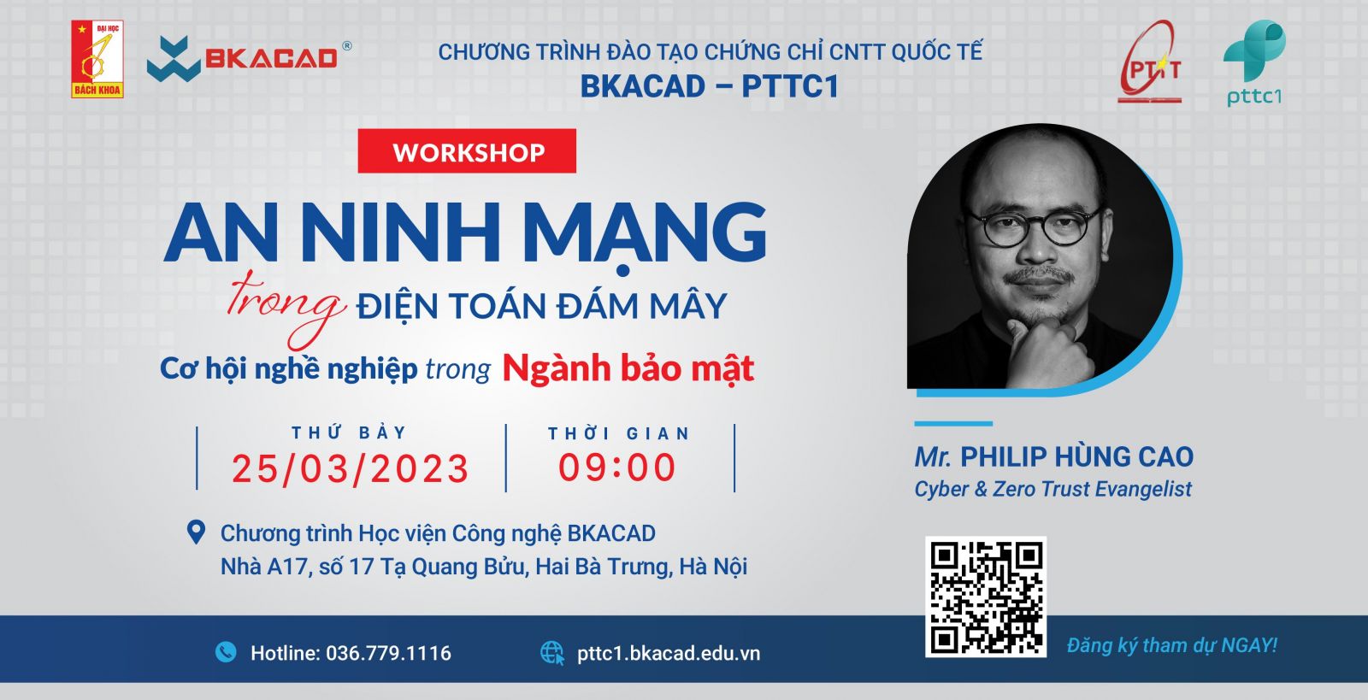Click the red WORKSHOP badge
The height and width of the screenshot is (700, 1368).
click(x=467, y=150)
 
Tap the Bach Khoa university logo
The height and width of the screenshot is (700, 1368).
click(x=97, y=59)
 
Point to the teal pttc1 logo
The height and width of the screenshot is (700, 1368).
click(x=1254, y=63)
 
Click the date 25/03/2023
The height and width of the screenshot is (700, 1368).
click(x=351, y=468)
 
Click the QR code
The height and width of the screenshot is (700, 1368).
click(x=986, y=597)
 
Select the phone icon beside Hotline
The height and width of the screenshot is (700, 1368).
click(x=226, y=652)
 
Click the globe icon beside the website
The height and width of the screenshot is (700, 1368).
click(x=552, y=652)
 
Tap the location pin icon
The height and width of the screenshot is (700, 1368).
click(x=196, y=532)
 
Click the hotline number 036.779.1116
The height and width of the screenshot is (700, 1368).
click(x=388, y=653)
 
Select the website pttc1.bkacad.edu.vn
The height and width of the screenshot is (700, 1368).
click(x=669, y=654)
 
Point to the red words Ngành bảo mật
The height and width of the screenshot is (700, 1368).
click(x=628, y=368)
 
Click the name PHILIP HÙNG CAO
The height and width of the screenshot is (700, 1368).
click(x=1076, y=456)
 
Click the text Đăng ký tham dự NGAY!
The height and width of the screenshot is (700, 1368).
click(x=1172, y=645)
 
